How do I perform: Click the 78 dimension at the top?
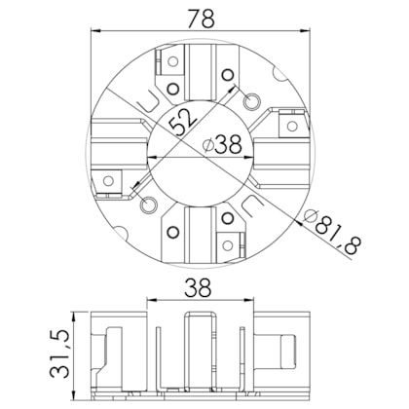pyautogui.click(x=203, y=16)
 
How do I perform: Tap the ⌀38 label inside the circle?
pyautogui.click(x=221, y=145)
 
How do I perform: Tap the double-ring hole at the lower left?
pyautogui.click(x=148, y=207)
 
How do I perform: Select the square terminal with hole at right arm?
pyautogui.click(x=290, y=125)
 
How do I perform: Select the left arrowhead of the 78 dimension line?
pyautogui.click(x=95, y=30)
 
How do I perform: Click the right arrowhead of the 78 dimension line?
pyautogui.click(x=309, y=30)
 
